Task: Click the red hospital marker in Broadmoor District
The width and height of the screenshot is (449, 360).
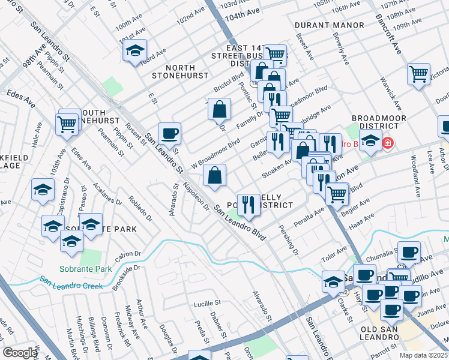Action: pos(388,143)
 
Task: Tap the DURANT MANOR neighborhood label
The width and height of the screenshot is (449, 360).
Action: pos(330,25)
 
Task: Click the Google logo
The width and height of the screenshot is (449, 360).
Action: pos(20,353)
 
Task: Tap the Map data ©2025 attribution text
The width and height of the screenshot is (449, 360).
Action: pos(423,355)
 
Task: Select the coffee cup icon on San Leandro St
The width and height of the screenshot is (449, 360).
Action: pos(169,133)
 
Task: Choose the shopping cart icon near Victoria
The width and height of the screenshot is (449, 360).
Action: pos(418,74)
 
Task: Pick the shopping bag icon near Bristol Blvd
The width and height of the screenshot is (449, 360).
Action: pos(220,109)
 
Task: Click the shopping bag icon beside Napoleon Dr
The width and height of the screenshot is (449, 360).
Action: pos(214,176)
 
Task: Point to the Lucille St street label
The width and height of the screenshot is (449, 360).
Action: pos(208,304)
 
